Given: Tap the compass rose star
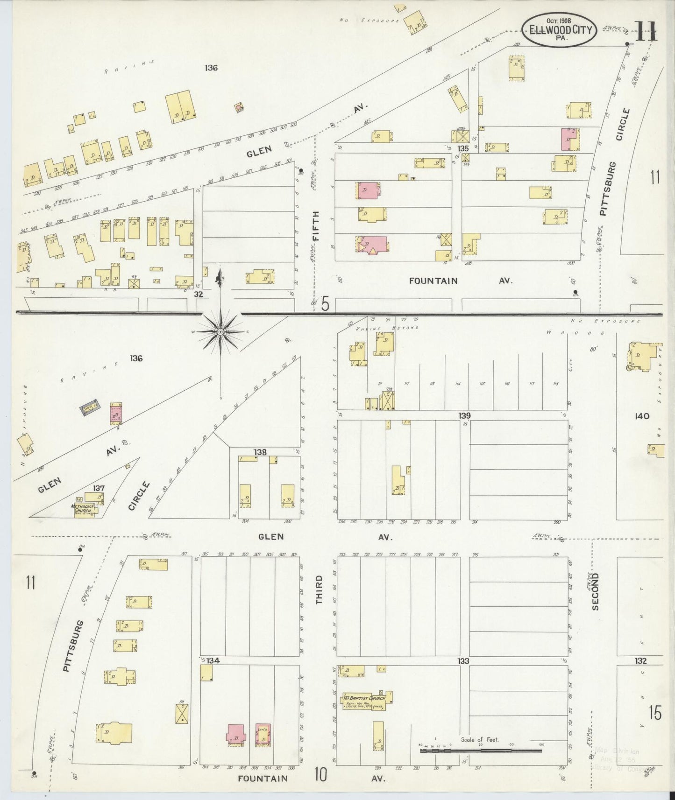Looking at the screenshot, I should pos(220,331).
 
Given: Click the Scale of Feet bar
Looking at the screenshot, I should pos(481,751).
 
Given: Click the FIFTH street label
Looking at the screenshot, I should pos(317,226).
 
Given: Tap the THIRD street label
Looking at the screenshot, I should pos(320,589).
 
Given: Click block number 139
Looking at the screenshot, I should pos(464,415).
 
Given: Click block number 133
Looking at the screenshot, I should pos(463,661).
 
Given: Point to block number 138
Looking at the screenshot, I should pos(260,452).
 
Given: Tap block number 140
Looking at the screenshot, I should pos(642,416).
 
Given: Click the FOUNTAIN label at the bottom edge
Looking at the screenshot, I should pos(263,779).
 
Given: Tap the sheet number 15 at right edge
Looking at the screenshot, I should pos(655,713).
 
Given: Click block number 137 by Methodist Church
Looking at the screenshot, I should pos(98,488).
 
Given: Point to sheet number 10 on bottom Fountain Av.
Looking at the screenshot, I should pos(320,775).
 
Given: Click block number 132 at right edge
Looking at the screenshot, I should pos(640,661).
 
